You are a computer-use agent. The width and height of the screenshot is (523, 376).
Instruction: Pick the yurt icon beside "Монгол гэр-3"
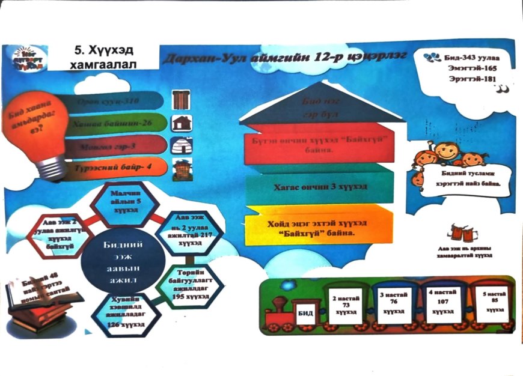[x=181, y=145]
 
